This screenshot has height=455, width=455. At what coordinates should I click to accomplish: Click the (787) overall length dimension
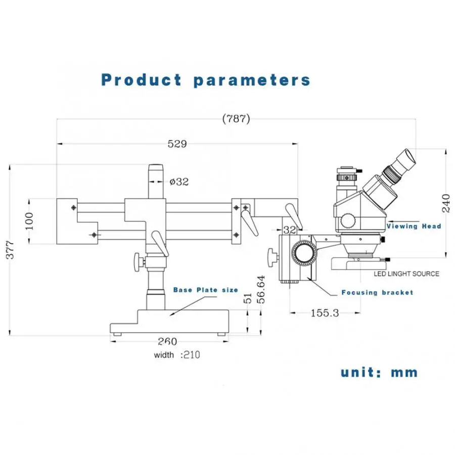tap(236, 119)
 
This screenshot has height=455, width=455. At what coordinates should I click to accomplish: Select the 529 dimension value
tap(177, 144)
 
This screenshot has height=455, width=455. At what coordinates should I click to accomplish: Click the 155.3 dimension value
tap(324, 313)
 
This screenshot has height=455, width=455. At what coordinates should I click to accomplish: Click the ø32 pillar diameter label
tap(179, 181)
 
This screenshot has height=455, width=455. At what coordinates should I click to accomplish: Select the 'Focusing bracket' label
tap(377, 292)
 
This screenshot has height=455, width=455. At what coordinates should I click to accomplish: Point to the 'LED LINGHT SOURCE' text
tap(406, 274)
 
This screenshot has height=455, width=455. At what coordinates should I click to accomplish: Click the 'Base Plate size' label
tap(205, 290)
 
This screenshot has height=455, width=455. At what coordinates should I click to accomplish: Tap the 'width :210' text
tap(177, 355)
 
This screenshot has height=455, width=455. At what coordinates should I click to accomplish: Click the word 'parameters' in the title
tap(252, 80)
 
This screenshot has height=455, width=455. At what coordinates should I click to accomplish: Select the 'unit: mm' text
tap(379, 373)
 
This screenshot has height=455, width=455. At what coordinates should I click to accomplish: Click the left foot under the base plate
tap(118, 334)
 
